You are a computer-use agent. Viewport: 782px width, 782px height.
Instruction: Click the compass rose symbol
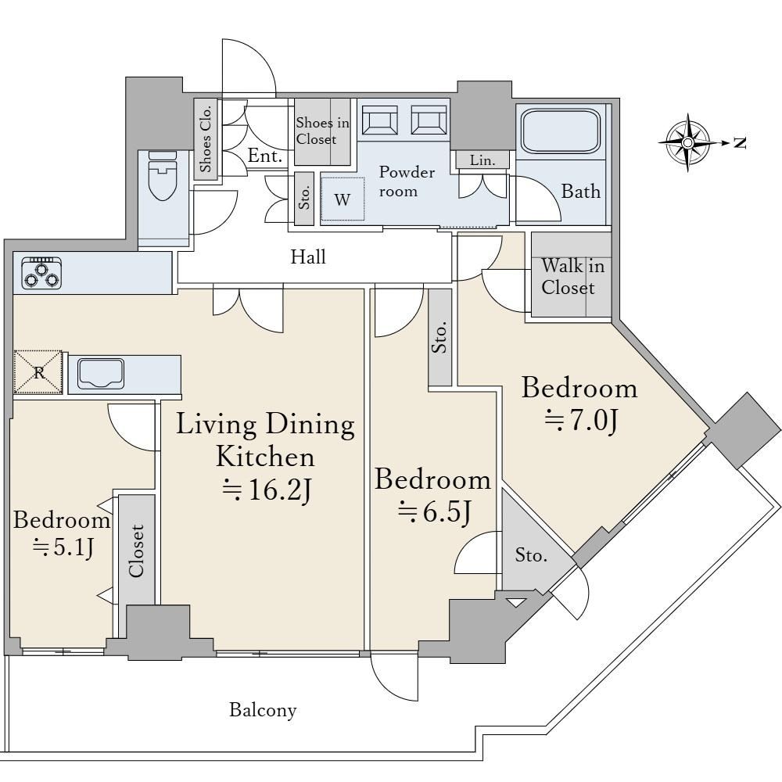pyautogui.click(x=687, y=143)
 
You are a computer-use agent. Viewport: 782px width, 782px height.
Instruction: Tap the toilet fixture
pyautogui.click(x=163, y=175)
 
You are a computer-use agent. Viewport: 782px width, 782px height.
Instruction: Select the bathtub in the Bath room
pyautogui.click(x=560, y=131)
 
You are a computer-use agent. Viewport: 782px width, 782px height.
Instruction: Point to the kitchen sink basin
pyautogui.click(x=100, y=374)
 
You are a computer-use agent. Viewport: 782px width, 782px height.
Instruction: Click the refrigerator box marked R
pyautogui.click(x=38, y=372)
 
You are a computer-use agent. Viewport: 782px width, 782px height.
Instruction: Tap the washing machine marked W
pyautogui.click(x=343, y=199)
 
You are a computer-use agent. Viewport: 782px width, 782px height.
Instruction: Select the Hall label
pyautogui.click(x=308, y=256)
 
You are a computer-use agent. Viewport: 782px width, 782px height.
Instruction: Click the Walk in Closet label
pyautogui.click(x=572, y=277)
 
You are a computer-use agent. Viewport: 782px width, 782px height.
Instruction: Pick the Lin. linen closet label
pyautogui.click(x=482, y=160)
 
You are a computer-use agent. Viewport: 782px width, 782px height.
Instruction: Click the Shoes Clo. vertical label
pyautogui.click(x=206, y=139)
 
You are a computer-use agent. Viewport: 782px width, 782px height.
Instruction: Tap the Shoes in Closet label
pyautogui.click(x=322, y=131)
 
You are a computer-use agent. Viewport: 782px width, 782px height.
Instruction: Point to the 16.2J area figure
pyautogui.click(x=267, y=490)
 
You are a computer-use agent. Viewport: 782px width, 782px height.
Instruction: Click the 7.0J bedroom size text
pyautogui.click(x=581, y=421)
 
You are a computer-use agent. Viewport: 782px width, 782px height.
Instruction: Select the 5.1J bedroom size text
pyautogui.click(x=63, y=548)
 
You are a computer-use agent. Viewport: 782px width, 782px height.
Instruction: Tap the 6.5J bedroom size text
pyautogui.click(x=434, y=512)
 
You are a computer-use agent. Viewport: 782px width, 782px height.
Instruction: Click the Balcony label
pyautogui.click(x=263, y=710)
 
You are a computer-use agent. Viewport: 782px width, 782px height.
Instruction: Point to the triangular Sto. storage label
pyautogui.click(x=531, y=554)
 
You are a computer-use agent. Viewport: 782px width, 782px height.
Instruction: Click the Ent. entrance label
pyautogui.click(x=265, y=156)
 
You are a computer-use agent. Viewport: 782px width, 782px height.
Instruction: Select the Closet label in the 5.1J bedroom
pyautogui.click(x=136, y=551)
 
